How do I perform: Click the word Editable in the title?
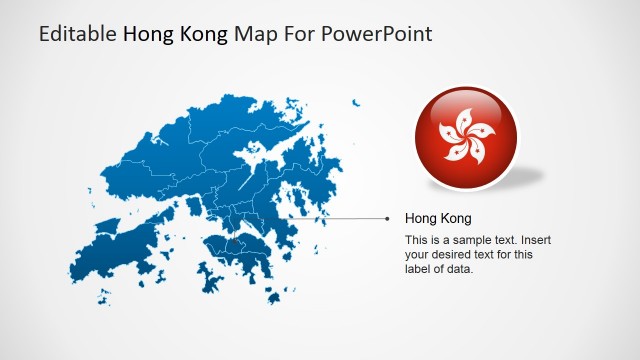point(78,34)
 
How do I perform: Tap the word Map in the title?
point(252,34)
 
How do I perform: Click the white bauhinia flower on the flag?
point(466,138)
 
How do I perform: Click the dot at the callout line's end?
point(387,217)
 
